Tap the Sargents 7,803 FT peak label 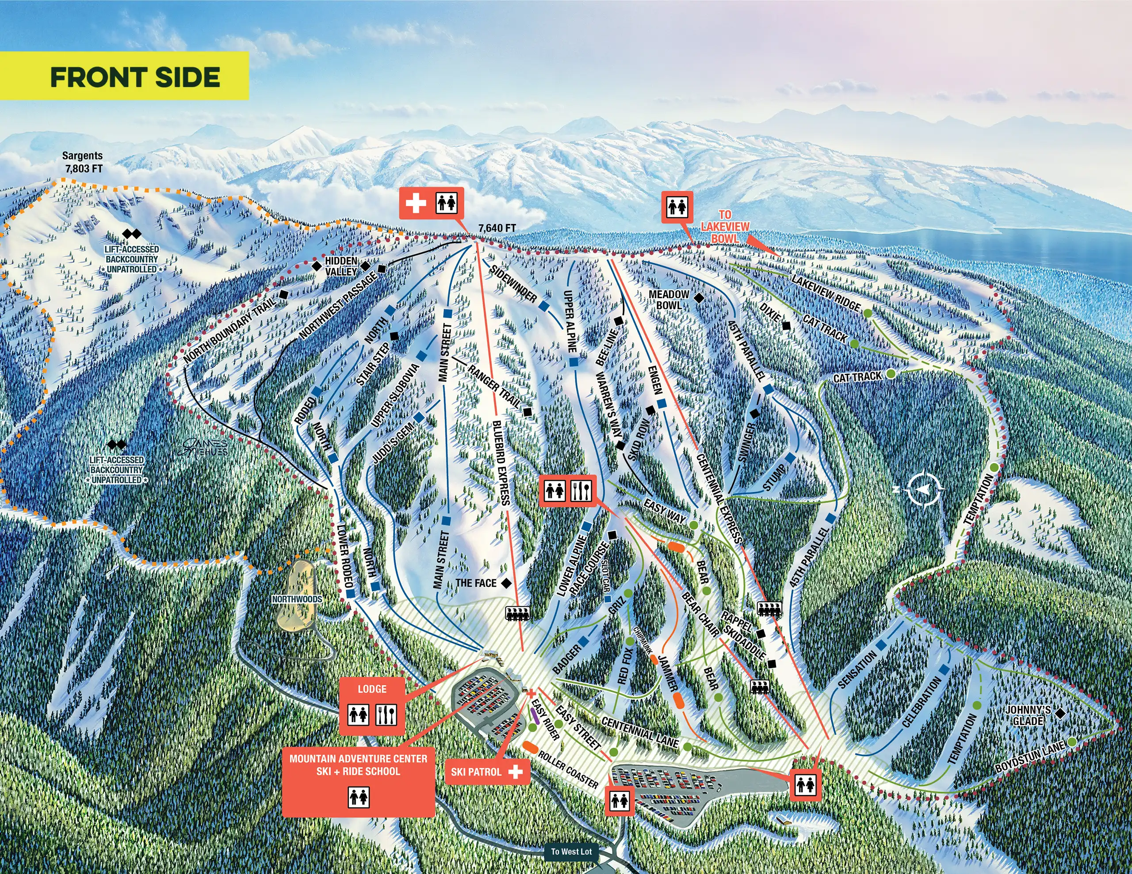(x=83, y=162)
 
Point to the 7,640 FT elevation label (x=497, y=228)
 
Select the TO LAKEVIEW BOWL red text (x=725, y=226)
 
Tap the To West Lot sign (x=571, y=851)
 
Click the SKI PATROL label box (x=486, y=771)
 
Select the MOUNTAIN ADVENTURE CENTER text (x=358, y=759)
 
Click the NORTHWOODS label (x=297, y=599)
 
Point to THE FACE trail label (x=476, y=583)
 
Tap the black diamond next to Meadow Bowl (x=699, y=298)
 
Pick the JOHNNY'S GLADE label (x=1028, y=715)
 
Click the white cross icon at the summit (x=415, y=203)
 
